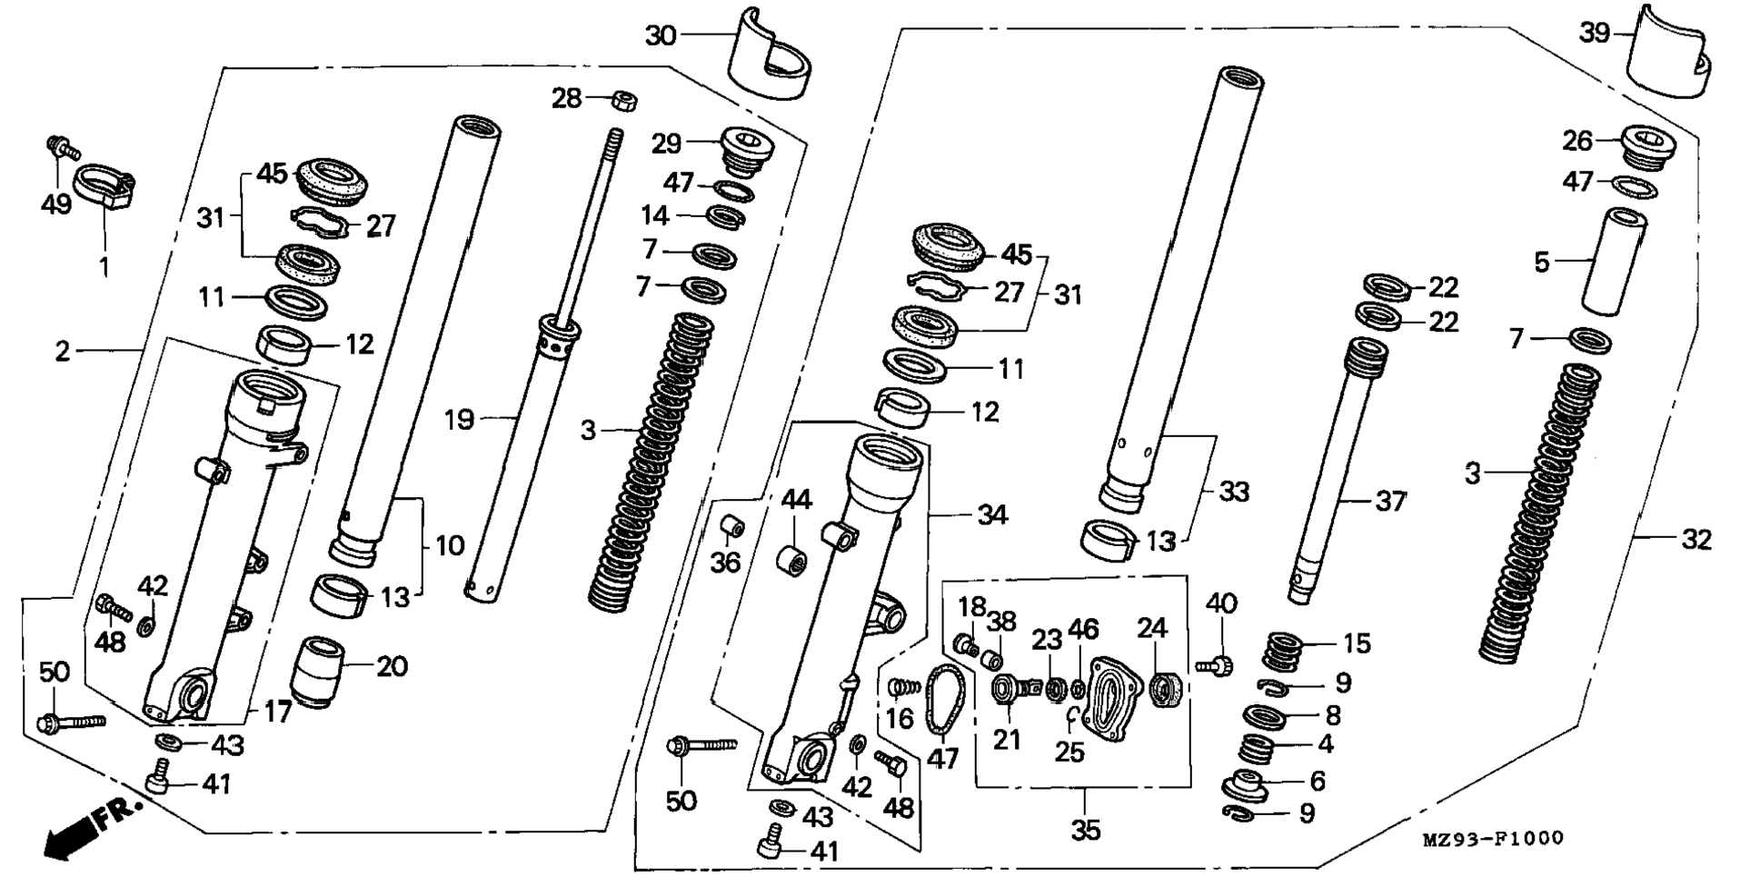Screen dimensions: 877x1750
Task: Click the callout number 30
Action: [661, 35]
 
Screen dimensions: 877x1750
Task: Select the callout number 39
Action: [1594, 33]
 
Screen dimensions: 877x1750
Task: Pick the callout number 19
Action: [460, 420]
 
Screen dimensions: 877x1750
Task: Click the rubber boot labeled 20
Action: [320, 672]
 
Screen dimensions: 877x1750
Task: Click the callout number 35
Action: [1086, 830]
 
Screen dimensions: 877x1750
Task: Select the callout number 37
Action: [1390, 501]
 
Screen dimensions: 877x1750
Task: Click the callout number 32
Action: [1695, 539]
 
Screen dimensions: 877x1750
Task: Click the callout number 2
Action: [62, 351]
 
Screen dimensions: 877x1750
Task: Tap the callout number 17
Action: [279, 712]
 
